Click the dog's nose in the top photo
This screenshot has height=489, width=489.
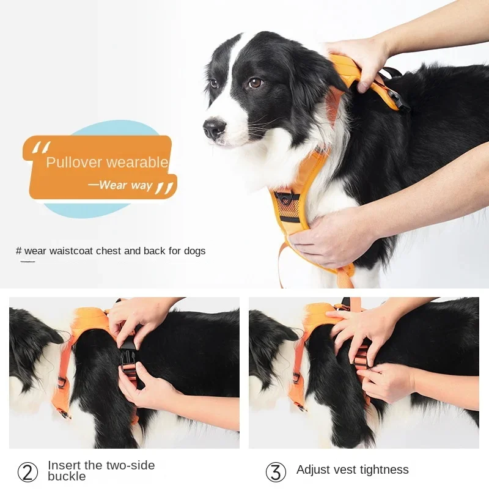214,128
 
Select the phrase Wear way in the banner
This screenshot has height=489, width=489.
125,185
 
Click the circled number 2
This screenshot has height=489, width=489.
28,472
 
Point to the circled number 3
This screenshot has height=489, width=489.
276,472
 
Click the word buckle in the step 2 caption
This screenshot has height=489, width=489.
67,477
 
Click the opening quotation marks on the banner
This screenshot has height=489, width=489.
42,147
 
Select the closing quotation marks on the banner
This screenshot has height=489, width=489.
164,187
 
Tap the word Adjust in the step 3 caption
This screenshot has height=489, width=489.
312,469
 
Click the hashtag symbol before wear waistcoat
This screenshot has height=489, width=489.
19,251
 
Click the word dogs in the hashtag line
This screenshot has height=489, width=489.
194,251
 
